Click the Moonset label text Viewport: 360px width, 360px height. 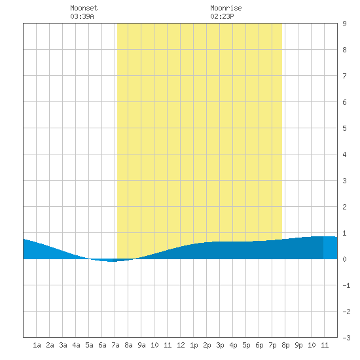coord(84,8)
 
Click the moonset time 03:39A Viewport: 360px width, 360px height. coord(82,16)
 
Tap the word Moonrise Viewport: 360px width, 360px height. coord(226,8)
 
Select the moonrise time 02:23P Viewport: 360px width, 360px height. coord(222,16)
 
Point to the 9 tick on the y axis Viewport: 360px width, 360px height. coord(344,24)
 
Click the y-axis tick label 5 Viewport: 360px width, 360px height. coord(344,128)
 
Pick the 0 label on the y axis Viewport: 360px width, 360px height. coord(344,259)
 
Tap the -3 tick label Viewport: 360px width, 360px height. coord(346,338)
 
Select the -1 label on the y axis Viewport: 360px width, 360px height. coord(346,285)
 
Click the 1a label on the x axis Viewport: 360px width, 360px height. coord(37,345)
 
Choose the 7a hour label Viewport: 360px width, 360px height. coord(115,345)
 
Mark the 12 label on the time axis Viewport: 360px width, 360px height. coord(181,345)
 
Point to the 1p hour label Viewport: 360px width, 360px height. coord(194,345)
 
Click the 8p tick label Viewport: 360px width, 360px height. coord(285,345)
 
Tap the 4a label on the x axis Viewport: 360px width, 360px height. coord(76,345)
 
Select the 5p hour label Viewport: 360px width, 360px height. coord(246,345)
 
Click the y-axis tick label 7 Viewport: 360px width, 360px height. coord(344,76)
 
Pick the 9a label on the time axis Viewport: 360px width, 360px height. coord(141,345)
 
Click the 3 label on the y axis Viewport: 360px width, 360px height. coord(344,181)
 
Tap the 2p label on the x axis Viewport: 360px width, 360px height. coord(207,345)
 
